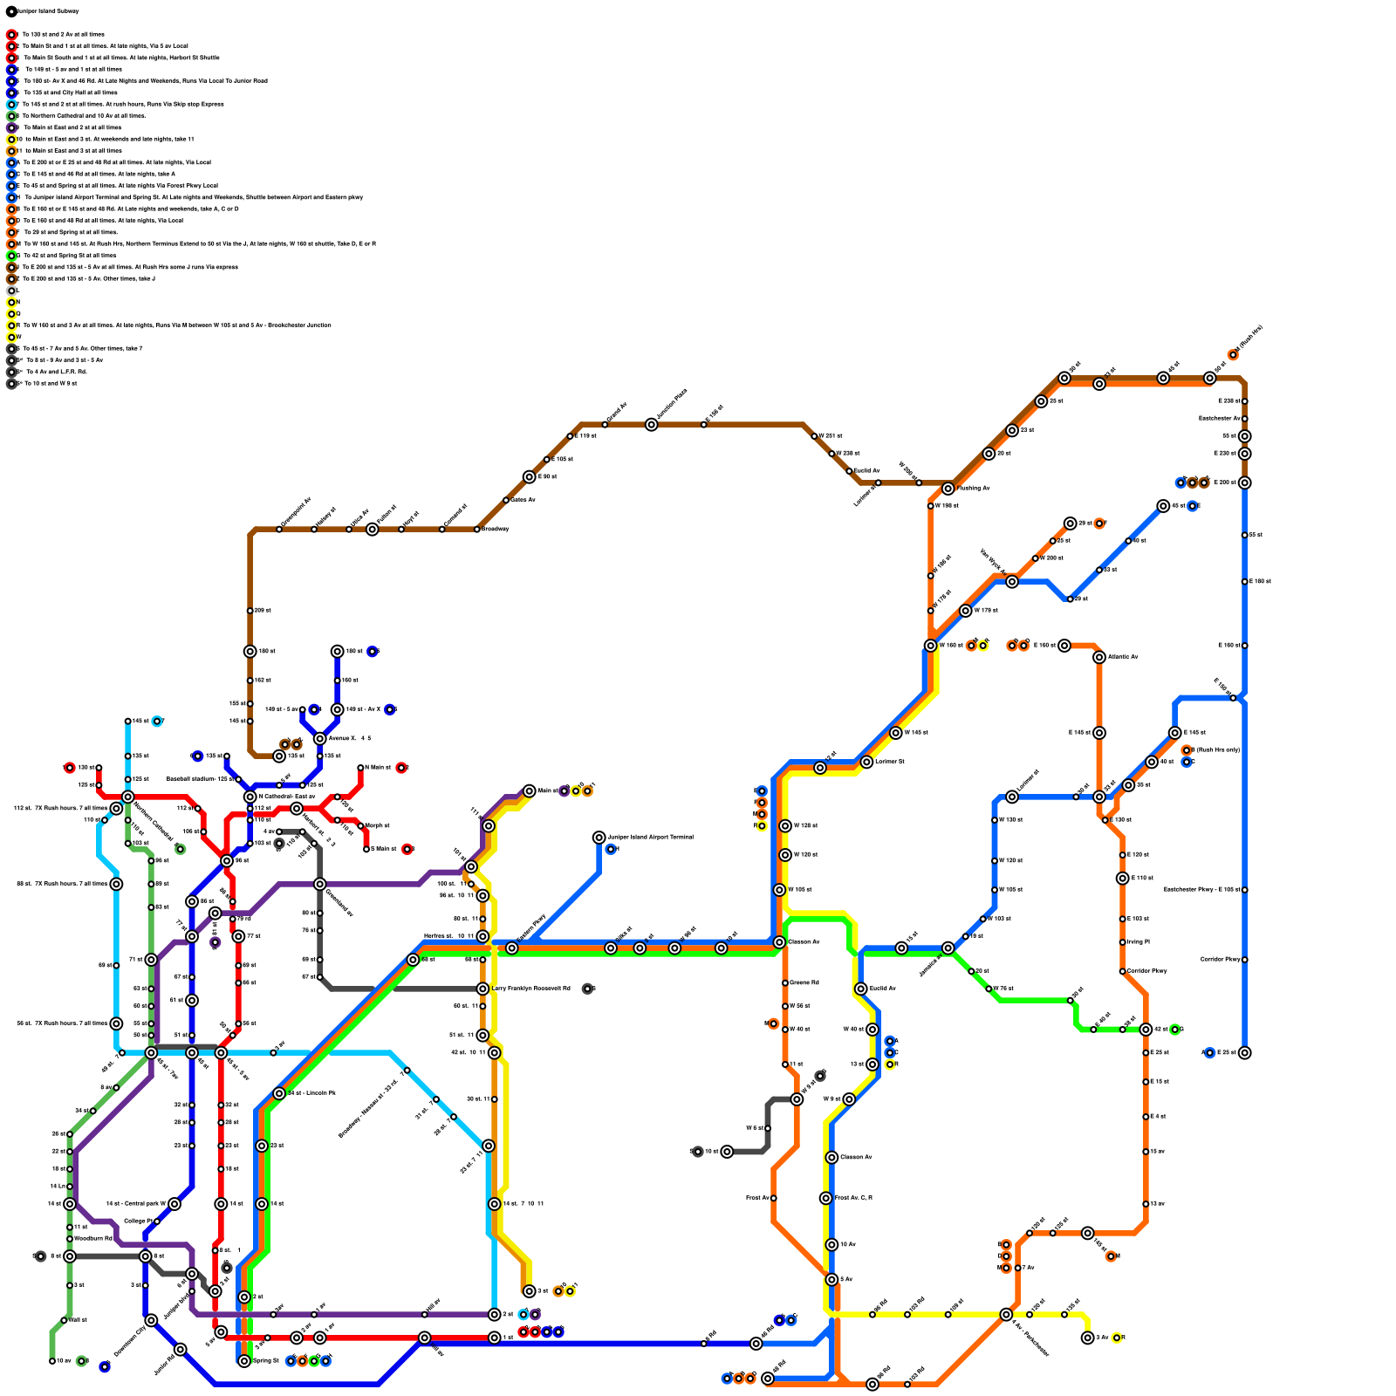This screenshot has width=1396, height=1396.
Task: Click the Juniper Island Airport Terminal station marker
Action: point(599,838)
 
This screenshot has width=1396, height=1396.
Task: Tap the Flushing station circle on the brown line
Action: point(948,489)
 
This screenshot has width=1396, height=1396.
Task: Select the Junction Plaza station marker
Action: point(652,425)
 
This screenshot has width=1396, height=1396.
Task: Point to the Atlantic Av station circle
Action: point(1099,657)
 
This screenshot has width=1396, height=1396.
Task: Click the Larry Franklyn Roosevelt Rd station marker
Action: point(482,989)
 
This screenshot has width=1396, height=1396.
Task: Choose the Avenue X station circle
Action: point(320,739)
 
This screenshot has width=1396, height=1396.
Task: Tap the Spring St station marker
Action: point(244,1361)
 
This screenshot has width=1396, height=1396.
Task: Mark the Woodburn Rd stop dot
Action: point(70,1239)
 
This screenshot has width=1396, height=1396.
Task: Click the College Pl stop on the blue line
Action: point(157,1221)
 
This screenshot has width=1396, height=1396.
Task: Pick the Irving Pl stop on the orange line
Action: point(1123,942)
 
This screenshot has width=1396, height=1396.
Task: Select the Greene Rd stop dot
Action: point(785,983)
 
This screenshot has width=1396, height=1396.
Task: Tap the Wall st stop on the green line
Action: point(64,1320)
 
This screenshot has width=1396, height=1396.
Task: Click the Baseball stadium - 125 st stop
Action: point(238,779)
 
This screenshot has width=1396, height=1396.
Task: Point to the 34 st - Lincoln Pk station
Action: point(279,1093)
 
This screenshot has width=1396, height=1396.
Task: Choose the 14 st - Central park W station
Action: point(174,1204)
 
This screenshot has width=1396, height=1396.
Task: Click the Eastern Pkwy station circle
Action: point(512,948)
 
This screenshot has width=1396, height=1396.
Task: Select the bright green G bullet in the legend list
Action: point(11,256)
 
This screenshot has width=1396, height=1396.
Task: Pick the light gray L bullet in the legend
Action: point(11,291)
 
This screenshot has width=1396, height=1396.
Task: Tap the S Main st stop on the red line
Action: point(366,849)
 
